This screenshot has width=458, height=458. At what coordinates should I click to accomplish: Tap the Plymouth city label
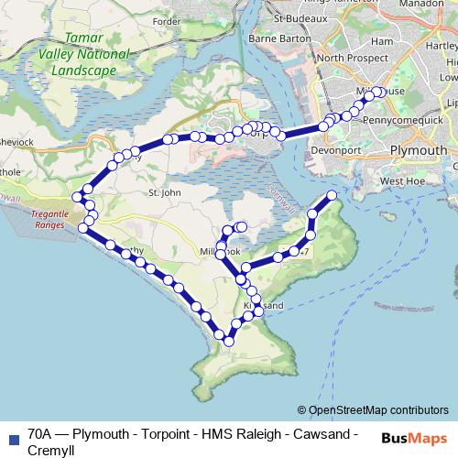(x=418, y=150)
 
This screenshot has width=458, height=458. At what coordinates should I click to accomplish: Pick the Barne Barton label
(x=279, y=38)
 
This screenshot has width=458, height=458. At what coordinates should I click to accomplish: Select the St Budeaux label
(x=307, y=16)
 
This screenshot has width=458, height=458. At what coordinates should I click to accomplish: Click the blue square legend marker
(x=13, y=438)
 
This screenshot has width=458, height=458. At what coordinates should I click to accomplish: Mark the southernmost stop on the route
(x=228, y=342)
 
